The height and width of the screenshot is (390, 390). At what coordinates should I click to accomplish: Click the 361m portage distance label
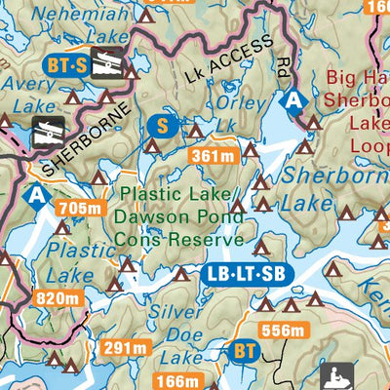[x=214, y=156]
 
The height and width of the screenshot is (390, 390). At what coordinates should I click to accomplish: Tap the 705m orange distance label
[x=80, y=208]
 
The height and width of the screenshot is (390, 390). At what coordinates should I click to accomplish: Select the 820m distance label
[x=55, y=298]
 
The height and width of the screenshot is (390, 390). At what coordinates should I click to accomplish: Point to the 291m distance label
[x=127, y=348]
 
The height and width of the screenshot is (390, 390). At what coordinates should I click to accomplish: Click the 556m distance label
[x=283, y=331]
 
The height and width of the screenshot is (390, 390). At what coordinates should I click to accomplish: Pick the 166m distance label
[x=182, y=381]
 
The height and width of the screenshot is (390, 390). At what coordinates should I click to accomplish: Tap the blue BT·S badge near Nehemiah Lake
[x=66, y=65]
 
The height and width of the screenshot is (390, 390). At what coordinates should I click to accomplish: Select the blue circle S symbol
[x=163, y=125]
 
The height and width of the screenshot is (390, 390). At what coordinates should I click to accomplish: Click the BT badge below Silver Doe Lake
[x=246, y=350]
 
